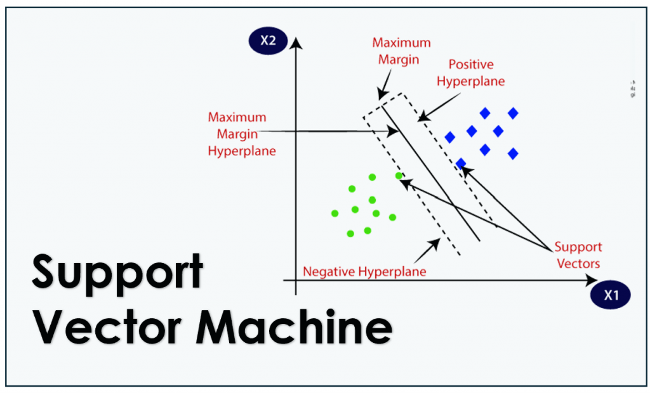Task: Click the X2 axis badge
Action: [267, 42]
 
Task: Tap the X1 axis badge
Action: [611, 295]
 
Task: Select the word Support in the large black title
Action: [118, 271]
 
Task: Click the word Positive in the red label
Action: [470, 65]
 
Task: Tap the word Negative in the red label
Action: [330, 271]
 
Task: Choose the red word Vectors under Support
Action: [578, 263]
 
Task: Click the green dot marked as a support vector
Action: [399, 176]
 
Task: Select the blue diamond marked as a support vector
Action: [461, 163]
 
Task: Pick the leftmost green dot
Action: [335, 213]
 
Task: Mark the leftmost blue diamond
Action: [450, 137]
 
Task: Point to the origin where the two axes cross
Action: [295, 280]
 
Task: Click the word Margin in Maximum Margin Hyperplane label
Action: [236, 135]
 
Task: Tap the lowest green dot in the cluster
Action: [350, 234]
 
